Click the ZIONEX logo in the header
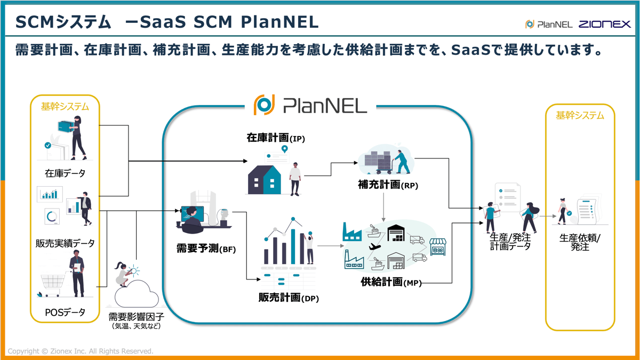(x=605, y=24)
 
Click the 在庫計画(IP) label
(x=276, y=138)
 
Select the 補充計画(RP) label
(x=388, y=185)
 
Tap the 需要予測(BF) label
(x=206, y=249)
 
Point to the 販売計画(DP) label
(x=289, y=298)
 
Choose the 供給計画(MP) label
(x=391, y=282)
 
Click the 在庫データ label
(x=65, y=173)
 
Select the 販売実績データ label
(x=65, y=243)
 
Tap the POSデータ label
(x=65, y=313)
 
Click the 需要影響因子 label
(x=137, y=316)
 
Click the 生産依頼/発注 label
(x=579, y=243)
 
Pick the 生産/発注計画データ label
(x=510, y=242)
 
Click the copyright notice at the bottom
(x=81, y=351)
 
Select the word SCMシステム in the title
(x=63, y=22)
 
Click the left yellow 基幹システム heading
(x=65, y=106)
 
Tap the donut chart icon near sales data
(x=52, y=217)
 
